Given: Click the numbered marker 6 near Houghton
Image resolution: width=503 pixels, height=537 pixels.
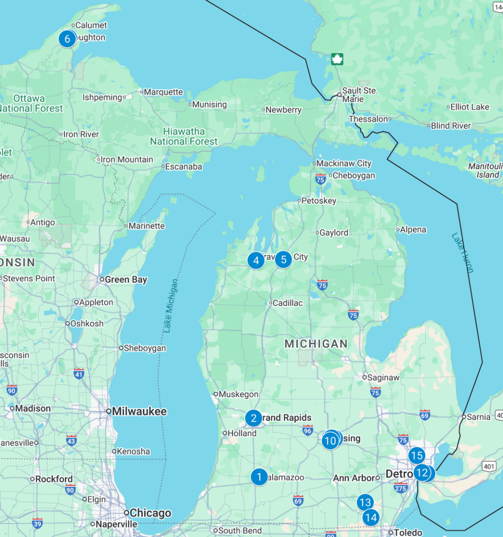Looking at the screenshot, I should (67, 38).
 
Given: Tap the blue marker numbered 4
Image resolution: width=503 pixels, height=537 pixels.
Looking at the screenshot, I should (256, 260).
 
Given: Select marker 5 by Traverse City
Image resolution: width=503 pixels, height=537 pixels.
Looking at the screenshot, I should (283, 259).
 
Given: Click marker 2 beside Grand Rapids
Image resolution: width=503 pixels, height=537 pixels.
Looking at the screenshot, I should (253, 418).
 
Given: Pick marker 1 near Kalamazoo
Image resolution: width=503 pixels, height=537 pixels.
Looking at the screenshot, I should (259, 477).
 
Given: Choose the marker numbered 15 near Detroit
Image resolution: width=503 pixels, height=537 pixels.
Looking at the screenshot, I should (417, 455).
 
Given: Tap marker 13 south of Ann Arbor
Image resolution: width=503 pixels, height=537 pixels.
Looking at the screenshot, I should (364, 503).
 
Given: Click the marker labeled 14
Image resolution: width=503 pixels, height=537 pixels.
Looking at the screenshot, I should (371, 517).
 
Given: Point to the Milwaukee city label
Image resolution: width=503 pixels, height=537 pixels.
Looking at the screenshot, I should (139, 412).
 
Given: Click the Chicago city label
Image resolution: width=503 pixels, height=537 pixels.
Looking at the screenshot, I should (150, 513).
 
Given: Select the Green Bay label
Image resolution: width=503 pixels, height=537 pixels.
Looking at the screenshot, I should (126, 280).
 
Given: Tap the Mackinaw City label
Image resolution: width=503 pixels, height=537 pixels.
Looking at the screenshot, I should (344, 163).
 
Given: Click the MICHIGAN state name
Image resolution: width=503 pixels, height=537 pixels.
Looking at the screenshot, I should (316, 344).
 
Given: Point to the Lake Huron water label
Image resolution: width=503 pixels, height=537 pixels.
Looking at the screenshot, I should (463, 252).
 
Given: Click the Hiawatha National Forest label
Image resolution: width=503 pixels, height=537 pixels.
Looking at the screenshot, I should (184, 136).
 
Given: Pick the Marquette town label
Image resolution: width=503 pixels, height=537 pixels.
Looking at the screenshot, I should (163, 92).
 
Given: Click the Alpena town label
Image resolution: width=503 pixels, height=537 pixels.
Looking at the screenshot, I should (413, 230).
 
